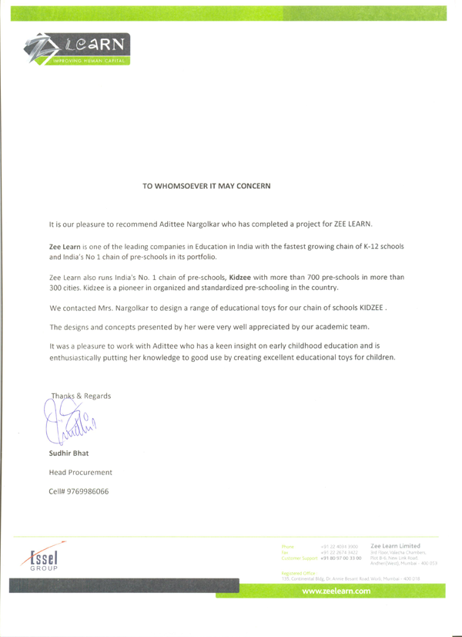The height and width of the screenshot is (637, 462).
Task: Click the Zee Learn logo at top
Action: click(76, 50)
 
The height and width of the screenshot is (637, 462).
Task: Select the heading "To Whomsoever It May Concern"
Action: click(207, 186)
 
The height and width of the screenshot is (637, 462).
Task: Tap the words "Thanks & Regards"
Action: click(81, 396)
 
